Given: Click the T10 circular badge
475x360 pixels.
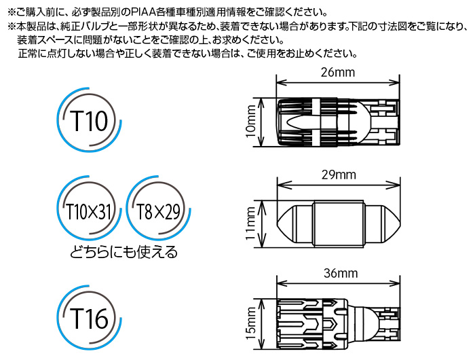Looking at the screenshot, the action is click(x=90, y=120).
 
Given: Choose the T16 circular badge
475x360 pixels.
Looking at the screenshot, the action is click(x=90, y=318).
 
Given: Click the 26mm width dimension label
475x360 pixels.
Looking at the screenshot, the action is click(x=338, y=73).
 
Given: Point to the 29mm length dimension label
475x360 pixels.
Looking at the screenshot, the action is click(x=339, y=175).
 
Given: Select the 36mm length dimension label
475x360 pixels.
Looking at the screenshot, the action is click(x=341, y=273).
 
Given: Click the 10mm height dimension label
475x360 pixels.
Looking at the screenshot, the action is click(x=251, y=122).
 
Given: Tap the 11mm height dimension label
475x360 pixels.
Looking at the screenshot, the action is click(x=251, y=223).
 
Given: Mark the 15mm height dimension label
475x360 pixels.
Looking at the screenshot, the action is click(x=251, y=323).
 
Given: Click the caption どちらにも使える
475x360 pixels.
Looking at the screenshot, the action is click(x=123, y=252).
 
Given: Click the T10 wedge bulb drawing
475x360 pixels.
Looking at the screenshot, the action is click(x=338, y=122).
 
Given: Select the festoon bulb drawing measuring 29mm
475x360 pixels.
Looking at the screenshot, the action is click(x=339, y=224).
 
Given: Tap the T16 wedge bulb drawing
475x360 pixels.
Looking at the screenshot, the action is click(x=338, y=324).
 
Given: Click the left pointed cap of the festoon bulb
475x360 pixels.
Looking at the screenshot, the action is click(x=295, y=224).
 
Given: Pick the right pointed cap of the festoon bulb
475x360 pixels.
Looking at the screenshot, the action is click(x=381, y=224).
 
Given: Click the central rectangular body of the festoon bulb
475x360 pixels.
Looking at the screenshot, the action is click(x=339, y=224).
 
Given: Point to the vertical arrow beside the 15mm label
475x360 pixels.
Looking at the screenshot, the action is click(x=262, y=324).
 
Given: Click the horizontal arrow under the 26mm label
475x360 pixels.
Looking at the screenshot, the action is click(x=338, y=82).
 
